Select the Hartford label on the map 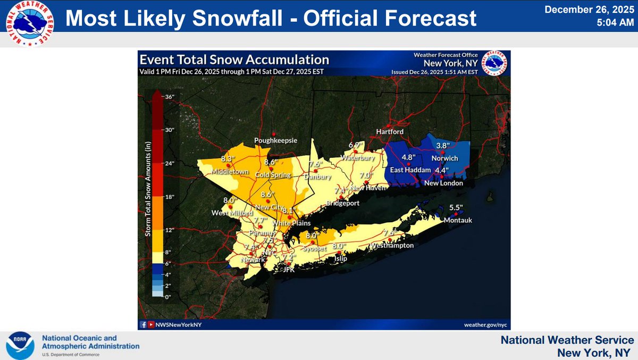pyautogui.click(x=390, y=131)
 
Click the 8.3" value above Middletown pyautogui.click(x=228, y=158)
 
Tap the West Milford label pyautogui.click(x=230, y=213)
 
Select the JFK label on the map pyautogui.click(x=288, y=270)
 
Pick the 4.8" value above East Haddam pyautogui.click(x=408, y=157)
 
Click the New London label pyautogui.click(x=443, y=183)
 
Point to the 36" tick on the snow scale pyautogui.click(x=169, y=97)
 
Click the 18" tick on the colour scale pyautogui.click(x=169, y=197)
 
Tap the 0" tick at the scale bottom pyautogui.click(x=169, y=297)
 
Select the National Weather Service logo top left pyautogui.click(x=29, y=23)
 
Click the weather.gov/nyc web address pyautogui.click(x=486, y=324)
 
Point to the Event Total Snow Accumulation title pyautogui.click(x=234, y=60)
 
